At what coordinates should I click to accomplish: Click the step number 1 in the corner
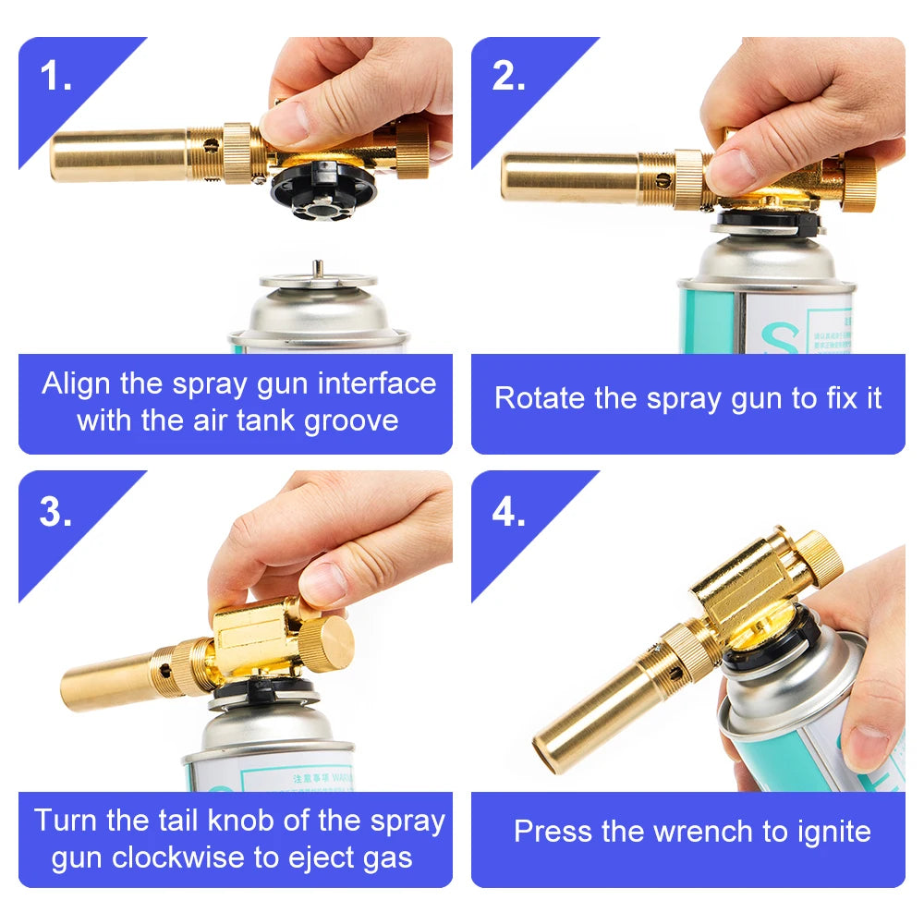tap(56, 78)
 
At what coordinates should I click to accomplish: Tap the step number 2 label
tap(509, 78)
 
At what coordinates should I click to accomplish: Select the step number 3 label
tap(56, 511)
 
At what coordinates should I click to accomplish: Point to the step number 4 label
tap(509, 511)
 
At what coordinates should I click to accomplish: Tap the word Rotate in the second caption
tap(540, 398)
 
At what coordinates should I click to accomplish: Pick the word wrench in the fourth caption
tap(706, 832)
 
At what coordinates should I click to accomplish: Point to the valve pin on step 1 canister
tap(317, 268)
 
